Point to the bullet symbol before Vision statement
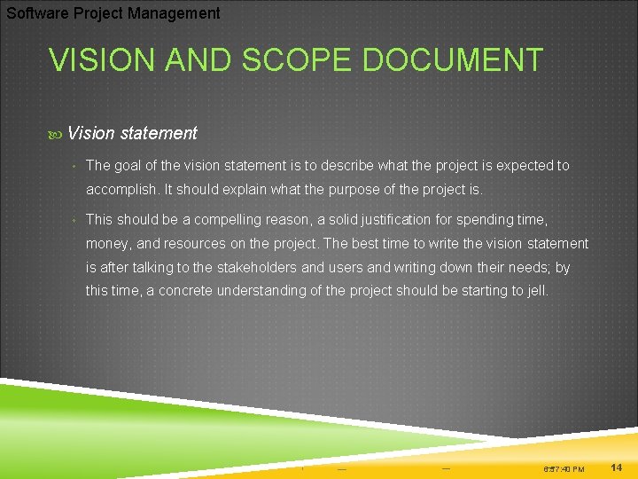(x=57, y=134)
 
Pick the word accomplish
(x=121, y=189)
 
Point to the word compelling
(x=224, y=219)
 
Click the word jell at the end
(x=536, y=291)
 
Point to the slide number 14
(x=617, y=467)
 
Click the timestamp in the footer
(x=564, y=468)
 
